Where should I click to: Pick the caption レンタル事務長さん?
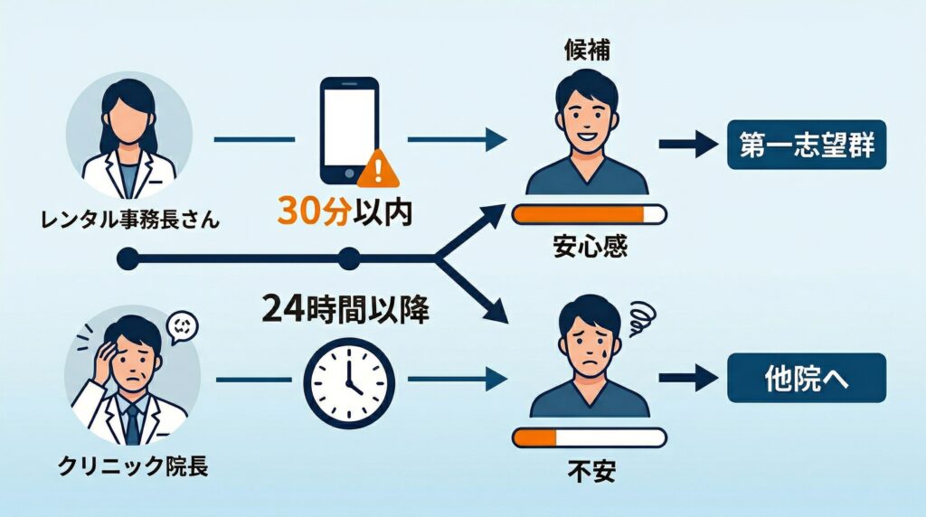pos(130,219)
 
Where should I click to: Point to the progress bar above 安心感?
pos(589,214)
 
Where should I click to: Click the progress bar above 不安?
pos(589,438)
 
